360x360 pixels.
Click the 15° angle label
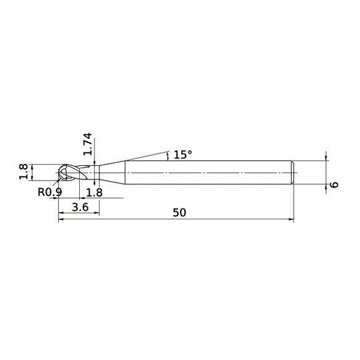(x=182, y=154)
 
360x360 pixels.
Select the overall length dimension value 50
(x=179, y=213)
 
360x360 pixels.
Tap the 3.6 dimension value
(x=80, y=208)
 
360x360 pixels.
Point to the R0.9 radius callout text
(x=50, y=192)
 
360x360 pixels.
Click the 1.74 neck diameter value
(x=88, y=144)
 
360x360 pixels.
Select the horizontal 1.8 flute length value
(x=95, y=192)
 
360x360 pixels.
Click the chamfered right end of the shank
(x=292, y=172)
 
